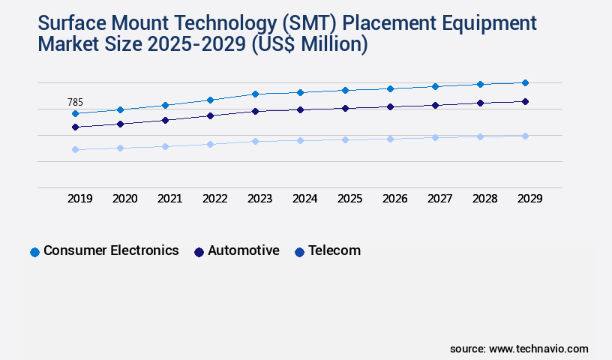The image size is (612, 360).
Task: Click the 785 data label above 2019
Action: click(x=75, y=103)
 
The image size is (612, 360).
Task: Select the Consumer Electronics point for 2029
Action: click(x=525, y=82)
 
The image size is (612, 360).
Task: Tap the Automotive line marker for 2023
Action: click(x=255, y=111)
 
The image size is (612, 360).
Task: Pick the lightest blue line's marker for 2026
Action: click(x=390, y=139)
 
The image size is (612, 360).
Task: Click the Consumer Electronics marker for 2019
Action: click(x=75, y=113)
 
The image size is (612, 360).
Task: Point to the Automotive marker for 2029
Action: click(x=525, y=101)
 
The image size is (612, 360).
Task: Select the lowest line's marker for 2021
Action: click(x=165, y=146)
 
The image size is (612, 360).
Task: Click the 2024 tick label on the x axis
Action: click(x=304, y=199)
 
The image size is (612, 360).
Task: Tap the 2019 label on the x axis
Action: click(x=79, y=199)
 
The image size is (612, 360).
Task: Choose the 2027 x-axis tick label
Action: click(x=439, y=199)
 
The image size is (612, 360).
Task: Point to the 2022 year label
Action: click(x=214, y=199)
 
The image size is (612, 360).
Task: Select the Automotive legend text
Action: click(x=244, y=250)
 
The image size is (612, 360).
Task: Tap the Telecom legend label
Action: click(x=334, y=250)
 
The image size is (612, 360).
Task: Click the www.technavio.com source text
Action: click(x=538, y=349)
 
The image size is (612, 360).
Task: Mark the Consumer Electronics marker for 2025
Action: click(x=345, y=90)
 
